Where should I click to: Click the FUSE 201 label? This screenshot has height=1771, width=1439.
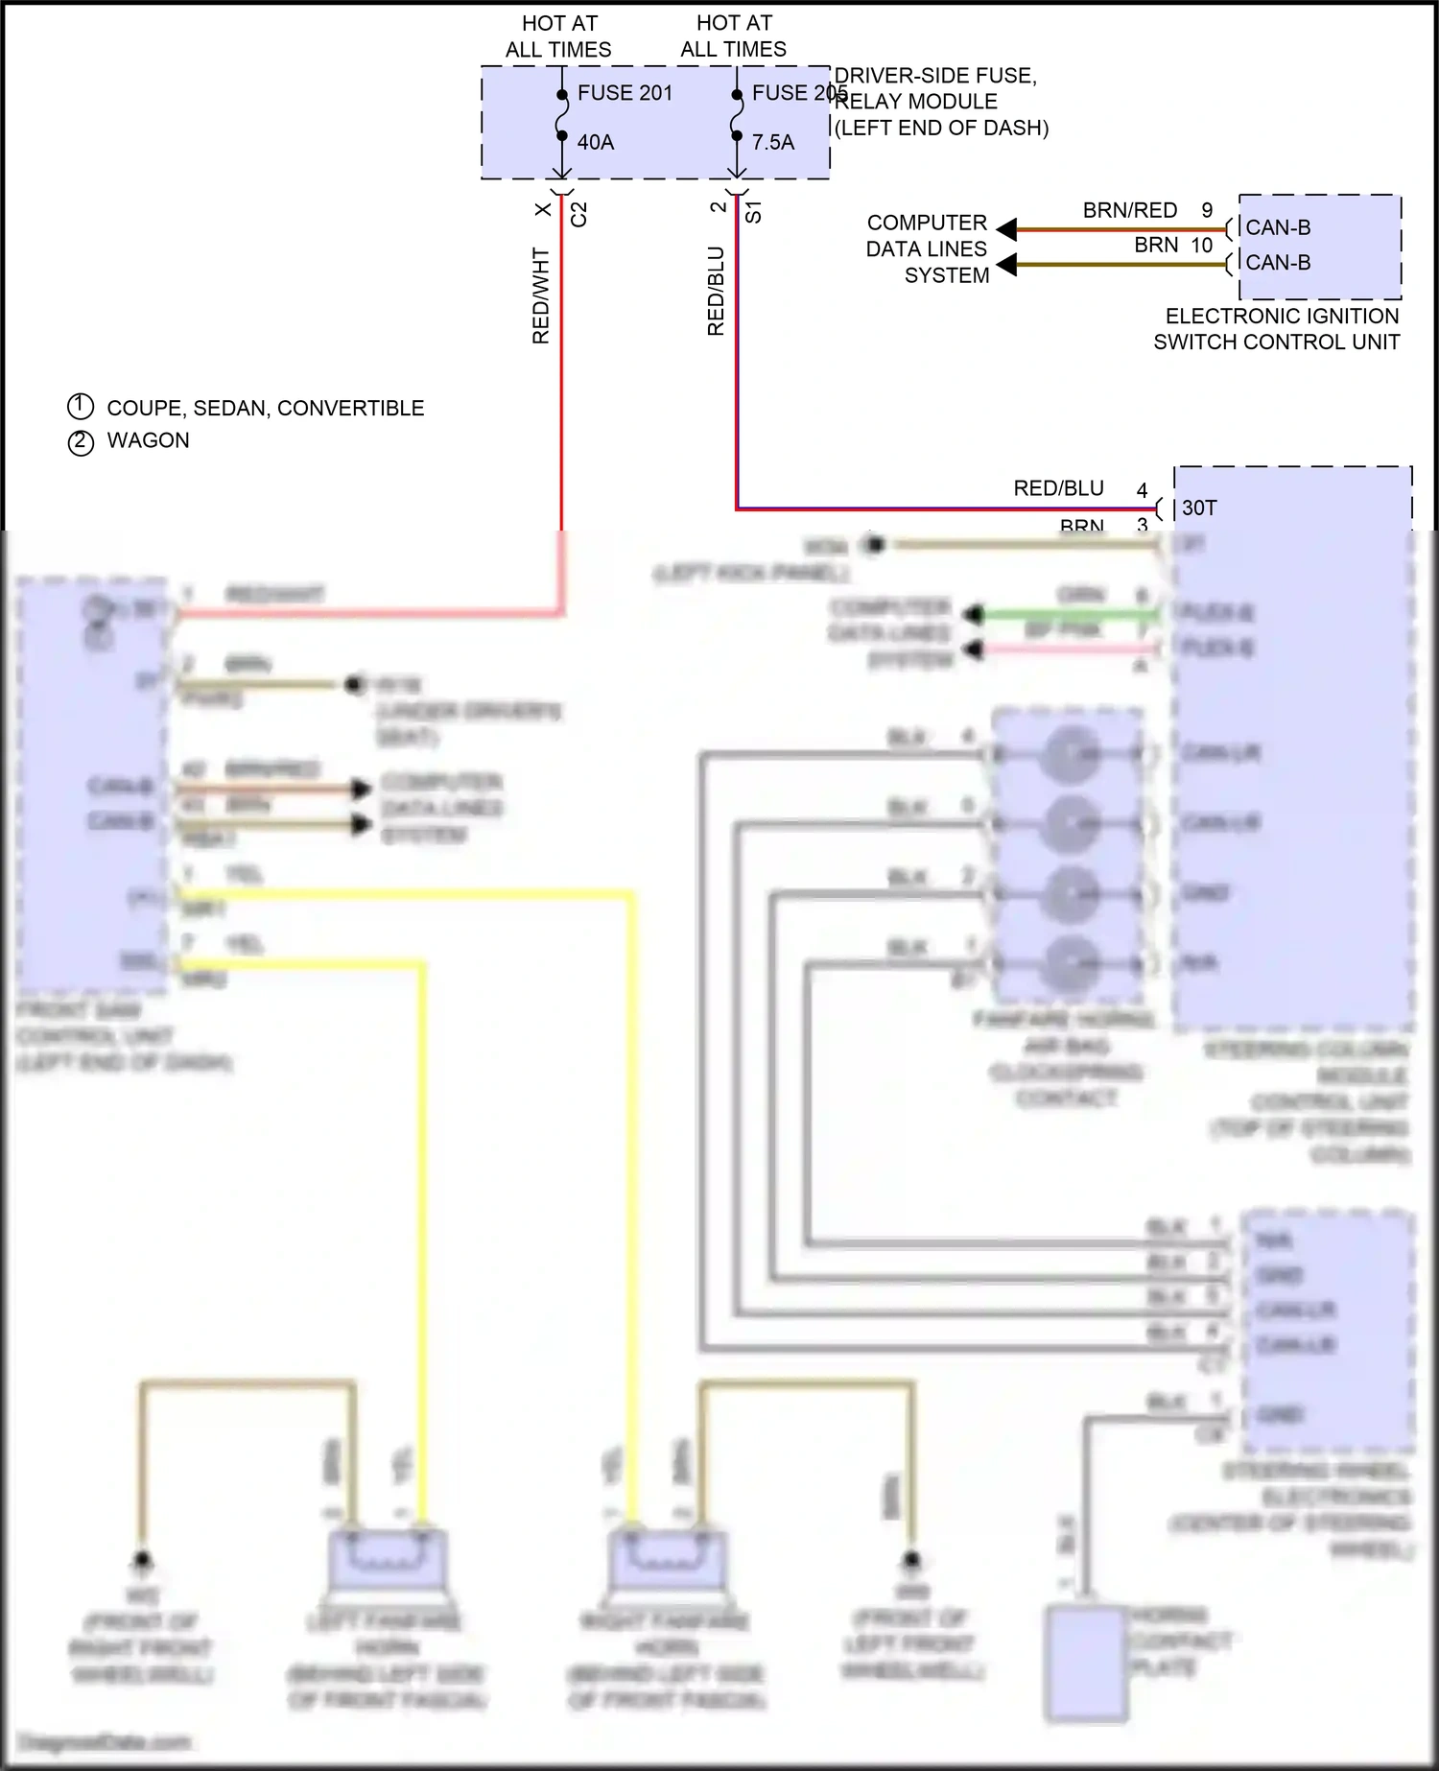[625, 93]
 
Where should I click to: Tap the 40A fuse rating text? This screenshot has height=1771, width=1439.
[595, 142]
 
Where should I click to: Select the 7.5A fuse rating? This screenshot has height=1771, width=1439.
[772, 142]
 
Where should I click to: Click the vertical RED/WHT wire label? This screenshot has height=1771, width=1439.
[541, 295]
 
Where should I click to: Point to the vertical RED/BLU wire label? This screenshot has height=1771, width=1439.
[716, 291]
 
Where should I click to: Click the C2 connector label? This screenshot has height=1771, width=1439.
[578, 214]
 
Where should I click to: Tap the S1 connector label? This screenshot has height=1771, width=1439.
[754, 212]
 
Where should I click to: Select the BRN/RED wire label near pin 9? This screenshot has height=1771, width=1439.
[1129, 211]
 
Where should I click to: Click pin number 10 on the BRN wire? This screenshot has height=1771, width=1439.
[1201, 246]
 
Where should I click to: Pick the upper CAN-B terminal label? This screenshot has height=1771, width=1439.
[1278, 228]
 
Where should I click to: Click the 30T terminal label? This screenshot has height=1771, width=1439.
[1199, 508]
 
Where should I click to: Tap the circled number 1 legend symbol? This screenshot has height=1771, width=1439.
[81, 407]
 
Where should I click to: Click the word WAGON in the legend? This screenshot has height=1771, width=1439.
[148, 440]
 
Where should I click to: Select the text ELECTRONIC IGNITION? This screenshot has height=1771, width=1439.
[1282, 316]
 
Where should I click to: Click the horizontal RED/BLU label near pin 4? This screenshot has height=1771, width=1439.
[1058, 488]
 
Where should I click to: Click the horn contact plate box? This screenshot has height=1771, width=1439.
[1085, 1663]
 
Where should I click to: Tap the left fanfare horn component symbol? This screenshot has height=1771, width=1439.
[388, 1560]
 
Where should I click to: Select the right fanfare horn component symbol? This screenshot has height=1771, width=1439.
[668, 1560]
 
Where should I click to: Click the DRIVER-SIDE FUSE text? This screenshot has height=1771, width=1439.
[934, 76]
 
